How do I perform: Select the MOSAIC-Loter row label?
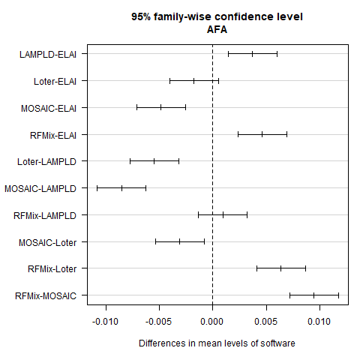49,241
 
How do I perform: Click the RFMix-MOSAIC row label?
46,295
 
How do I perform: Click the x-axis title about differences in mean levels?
217,343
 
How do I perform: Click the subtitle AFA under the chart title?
217,29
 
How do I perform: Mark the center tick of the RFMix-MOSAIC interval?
313,295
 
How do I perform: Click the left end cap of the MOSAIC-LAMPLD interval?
97,188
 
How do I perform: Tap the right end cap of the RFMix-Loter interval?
305,268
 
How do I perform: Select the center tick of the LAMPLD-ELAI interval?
253,54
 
